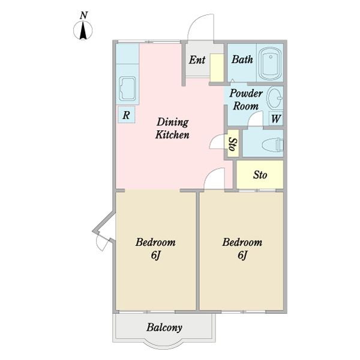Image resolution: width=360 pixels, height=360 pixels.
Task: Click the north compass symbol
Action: [83, 30]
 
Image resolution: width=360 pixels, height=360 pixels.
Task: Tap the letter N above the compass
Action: [84, 16]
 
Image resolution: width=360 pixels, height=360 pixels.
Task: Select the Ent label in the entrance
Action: [197, 60]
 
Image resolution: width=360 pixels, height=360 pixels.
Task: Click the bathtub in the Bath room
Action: [270, 63]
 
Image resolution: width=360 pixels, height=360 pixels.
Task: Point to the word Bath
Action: [242, 59]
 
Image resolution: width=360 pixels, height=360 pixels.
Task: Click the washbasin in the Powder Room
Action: [275, 98]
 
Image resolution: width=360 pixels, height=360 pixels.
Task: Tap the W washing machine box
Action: [276, 118]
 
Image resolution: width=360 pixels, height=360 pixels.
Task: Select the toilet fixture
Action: [273, 145]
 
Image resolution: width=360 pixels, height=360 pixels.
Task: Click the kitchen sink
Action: [127, 89]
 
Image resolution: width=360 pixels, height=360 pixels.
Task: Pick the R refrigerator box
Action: [126, 115]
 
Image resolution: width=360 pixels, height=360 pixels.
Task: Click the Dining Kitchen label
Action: [172, 128]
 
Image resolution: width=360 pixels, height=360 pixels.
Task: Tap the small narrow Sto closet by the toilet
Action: [233, 143]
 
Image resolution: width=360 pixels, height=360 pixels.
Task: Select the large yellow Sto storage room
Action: [260, 175]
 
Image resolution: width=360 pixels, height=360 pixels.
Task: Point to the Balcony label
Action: [164, 328]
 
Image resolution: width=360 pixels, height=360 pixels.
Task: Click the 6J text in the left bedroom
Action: [155, 255]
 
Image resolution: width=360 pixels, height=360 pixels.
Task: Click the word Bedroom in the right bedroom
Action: [242, 242]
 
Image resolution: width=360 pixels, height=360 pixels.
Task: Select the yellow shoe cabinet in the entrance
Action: [217, 68]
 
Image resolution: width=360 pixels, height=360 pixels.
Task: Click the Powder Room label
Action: [246, 100]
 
